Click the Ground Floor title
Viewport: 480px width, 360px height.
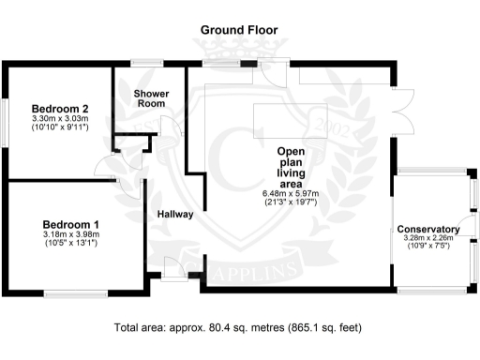point(239,30)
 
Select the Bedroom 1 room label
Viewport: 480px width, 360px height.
point(71,224)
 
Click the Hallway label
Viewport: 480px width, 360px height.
point(174,214)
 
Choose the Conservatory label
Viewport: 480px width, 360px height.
point(427,229)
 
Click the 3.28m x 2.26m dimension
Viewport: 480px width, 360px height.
point(427,238)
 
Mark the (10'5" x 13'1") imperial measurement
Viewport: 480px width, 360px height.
point(71,244)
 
